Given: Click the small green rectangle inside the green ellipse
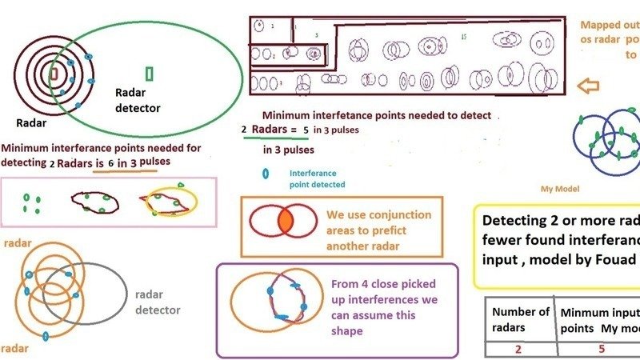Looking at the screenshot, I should tap(150, 74).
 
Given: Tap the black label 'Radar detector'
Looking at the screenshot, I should tap(138, 100).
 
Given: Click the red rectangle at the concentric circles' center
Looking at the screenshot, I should tap(54, 74).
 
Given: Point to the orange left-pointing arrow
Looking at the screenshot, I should tap(588, 86).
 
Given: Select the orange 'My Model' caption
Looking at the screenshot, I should tap(559, 189).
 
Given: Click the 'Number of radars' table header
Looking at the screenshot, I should tap(521, 319).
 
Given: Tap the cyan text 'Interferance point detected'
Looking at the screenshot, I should tap(314, 178).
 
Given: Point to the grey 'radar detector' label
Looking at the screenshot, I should tap(158, 302).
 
